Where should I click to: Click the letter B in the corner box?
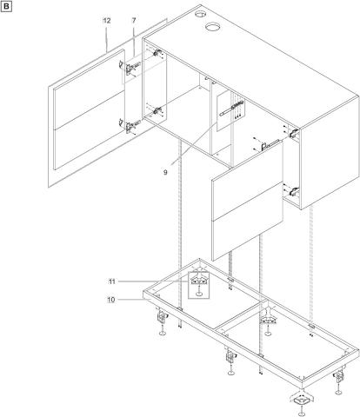6,7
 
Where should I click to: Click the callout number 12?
107,21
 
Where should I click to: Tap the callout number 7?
134,21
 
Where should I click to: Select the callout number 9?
165,172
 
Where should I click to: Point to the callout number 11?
112,281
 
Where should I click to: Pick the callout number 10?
111,300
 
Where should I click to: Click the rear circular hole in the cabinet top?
199,14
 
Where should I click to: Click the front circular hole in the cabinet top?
213,27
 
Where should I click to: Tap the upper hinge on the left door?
130,67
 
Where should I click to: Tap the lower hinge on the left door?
130,125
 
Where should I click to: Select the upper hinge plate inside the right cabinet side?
294,133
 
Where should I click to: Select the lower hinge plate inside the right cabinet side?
294,191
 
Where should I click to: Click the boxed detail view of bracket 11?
198,285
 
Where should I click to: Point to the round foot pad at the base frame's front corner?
302,414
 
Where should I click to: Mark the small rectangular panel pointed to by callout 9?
231,111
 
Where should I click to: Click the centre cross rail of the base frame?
241,314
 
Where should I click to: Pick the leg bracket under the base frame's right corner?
339,377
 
